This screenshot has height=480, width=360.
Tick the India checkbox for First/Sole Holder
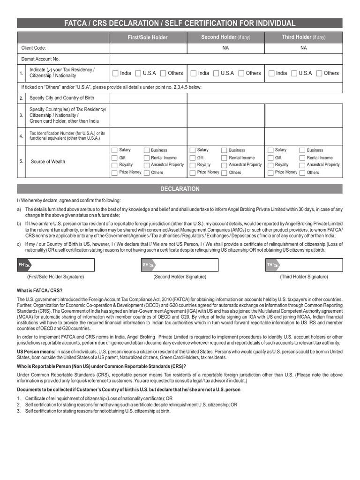[114, 73]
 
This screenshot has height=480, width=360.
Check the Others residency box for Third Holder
[319, 73]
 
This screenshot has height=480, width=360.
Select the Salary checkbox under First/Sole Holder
[114, 150]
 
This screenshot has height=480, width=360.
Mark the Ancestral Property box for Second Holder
[224, 165]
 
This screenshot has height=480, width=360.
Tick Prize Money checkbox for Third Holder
[270, 172]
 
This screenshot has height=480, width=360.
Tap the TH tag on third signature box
[272, 265]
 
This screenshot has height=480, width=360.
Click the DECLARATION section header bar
[180, 189]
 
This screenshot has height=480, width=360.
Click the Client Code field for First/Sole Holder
[148, 48]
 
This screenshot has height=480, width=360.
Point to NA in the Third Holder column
[303, 48]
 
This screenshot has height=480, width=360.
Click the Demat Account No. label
[41, 59]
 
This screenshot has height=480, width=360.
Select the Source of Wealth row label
[48, 162]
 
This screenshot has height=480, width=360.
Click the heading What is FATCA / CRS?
[36, 291]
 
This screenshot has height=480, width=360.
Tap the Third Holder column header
[303, 37]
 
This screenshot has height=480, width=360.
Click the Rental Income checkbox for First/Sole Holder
[146, 158]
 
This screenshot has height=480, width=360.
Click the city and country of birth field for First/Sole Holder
[148, 98]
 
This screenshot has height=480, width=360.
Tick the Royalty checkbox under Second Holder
[193, 165]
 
